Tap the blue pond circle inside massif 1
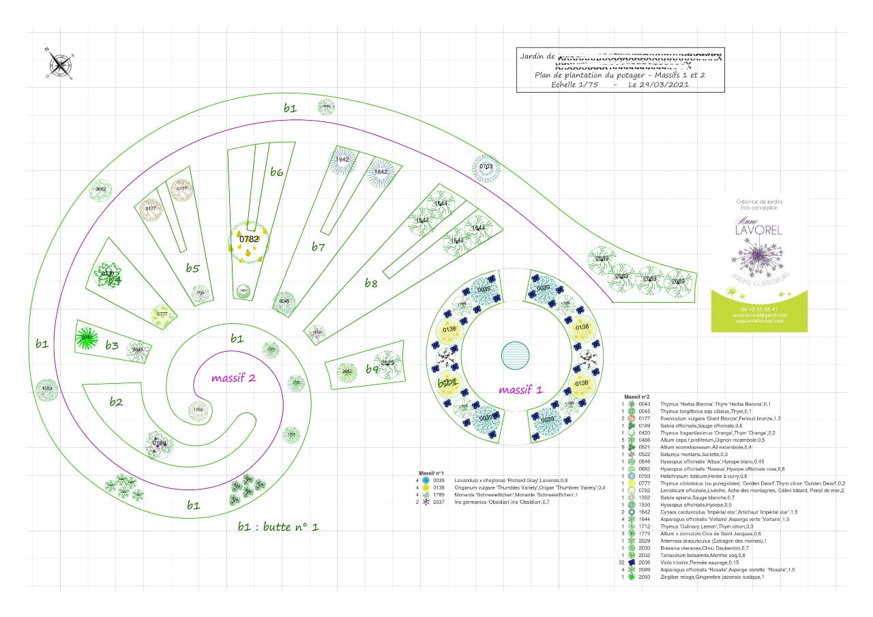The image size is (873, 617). [x=515, y=355]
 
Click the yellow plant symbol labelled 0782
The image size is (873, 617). [x=249, y=240]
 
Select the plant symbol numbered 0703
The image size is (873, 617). [x=486, y=167]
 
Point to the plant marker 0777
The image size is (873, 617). [x=162, y=314]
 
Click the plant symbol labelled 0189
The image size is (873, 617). [x=160, y=443]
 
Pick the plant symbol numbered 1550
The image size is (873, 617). [x=46, y=389]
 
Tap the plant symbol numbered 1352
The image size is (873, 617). [x=198, y=410]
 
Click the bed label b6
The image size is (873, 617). [x=276, y=172]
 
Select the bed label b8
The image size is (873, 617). [x=370, y=283]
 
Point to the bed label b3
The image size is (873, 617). [x=112, y=346]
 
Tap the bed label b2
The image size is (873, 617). [x=117, y=402]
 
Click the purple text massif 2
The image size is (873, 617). [x=233, y=378]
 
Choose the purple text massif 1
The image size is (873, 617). [x=520, y=390]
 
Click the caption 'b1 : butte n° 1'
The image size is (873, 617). [x=278, y=526]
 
